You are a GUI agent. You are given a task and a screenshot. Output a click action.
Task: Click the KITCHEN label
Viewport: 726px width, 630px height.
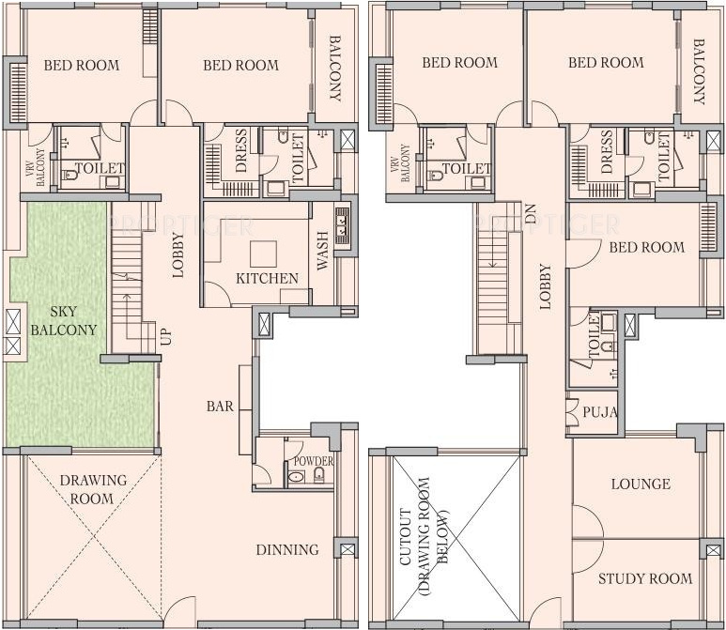point(267,278)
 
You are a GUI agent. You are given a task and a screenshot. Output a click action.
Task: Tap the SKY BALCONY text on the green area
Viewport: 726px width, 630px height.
point(64,321)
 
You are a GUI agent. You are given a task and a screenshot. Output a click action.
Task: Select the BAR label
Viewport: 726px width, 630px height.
point(220,407)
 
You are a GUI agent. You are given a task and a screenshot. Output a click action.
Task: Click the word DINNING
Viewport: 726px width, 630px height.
point(287,550)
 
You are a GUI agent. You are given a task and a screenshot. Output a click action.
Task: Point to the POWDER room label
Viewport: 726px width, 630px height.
point(314,461)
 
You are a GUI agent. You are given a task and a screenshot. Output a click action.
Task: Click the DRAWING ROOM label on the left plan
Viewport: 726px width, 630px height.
point(93,489)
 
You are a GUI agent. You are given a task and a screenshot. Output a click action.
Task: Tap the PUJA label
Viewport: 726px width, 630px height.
point(600,412)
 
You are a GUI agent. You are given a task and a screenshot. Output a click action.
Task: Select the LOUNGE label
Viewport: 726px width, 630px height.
point(641,484)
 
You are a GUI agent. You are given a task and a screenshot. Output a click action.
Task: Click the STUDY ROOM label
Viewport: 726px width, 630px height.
point(645,578)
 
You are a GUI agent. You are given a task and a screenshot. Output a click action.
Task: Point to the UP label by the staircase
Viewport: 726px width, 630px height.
point(165,336)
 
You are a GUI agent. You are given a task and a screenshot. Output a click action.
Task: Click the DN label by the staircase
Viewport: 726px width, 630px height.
point(530,214)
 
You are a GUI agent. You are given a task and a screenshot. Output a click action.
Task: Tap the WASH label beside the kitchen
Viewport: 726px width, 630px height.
point(323,251)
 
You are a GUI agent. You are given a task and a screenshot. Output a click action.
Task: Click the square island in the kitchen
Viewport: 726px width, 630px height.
point(264,254)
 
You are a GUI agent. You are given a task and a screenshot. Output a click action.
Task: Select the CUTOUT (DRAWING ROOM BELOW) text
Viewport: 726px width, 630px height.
point(425,535)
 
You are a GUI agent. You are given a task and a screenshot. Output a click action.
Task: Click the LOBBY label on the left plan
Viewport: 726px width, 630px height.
point(178,255)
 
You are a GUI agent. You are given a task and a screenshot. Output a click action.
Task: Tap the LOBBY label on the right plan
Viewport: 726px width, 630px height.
point(545,286)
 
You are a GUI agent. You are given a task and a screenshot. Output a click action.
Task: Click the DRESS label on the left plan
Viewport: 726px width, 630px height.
point(241,151)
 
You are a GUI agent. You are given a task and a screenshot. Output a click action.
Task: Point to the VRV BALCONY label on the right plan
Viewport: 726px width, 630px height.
point(400,163)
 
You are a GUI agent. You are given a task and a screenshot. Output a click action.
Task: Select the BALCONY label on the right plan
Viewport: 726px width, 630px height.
point(699,71)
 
